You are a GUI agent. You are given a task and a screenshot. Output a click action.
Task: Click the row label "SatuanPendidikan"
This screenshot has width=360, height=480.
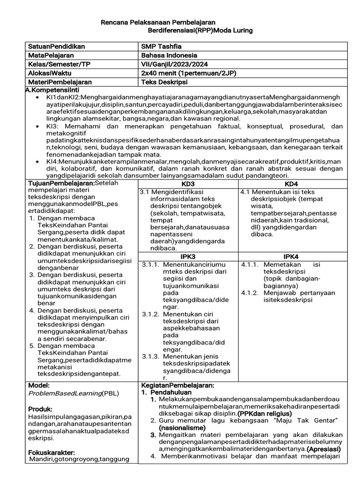[x=56, y=47]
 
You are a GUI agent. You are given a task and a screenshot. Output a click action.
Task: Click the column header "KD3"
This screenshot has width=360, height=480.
[x=187, y=184]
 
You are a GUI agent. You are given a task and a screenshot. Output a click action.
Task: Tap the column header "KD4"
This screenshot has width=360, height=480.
[x=291, y=184]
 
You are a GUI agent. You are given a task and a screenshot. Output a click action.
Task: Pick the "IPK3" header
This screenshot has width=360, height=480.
[x=187, y=256]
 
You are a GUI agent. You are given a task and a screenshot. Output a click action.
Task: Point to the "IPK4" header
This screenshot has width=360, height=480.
[x=291, y=256]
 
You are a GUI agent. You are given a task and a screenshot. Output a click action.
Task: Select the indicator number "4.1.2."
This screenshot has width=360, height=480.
[x=250, y=293]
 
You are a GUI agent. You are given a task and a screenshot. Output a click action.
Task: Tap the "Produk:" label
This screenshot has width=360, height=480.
[x=40, y=409]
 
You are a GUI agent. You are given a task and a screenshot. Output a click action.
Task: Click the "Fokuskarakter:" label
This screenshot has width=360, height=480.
[x=52, y=452]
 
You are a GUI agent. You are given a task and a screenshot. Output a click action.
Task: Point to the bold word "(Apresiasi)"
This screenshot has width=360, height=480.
[x=323, y=449]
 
